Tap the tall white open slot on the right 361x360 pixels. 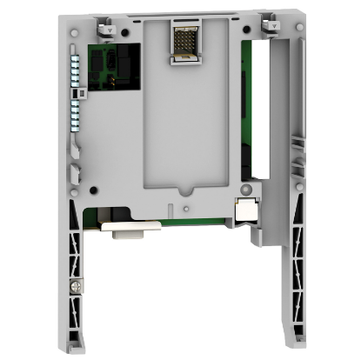[259, 122]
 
